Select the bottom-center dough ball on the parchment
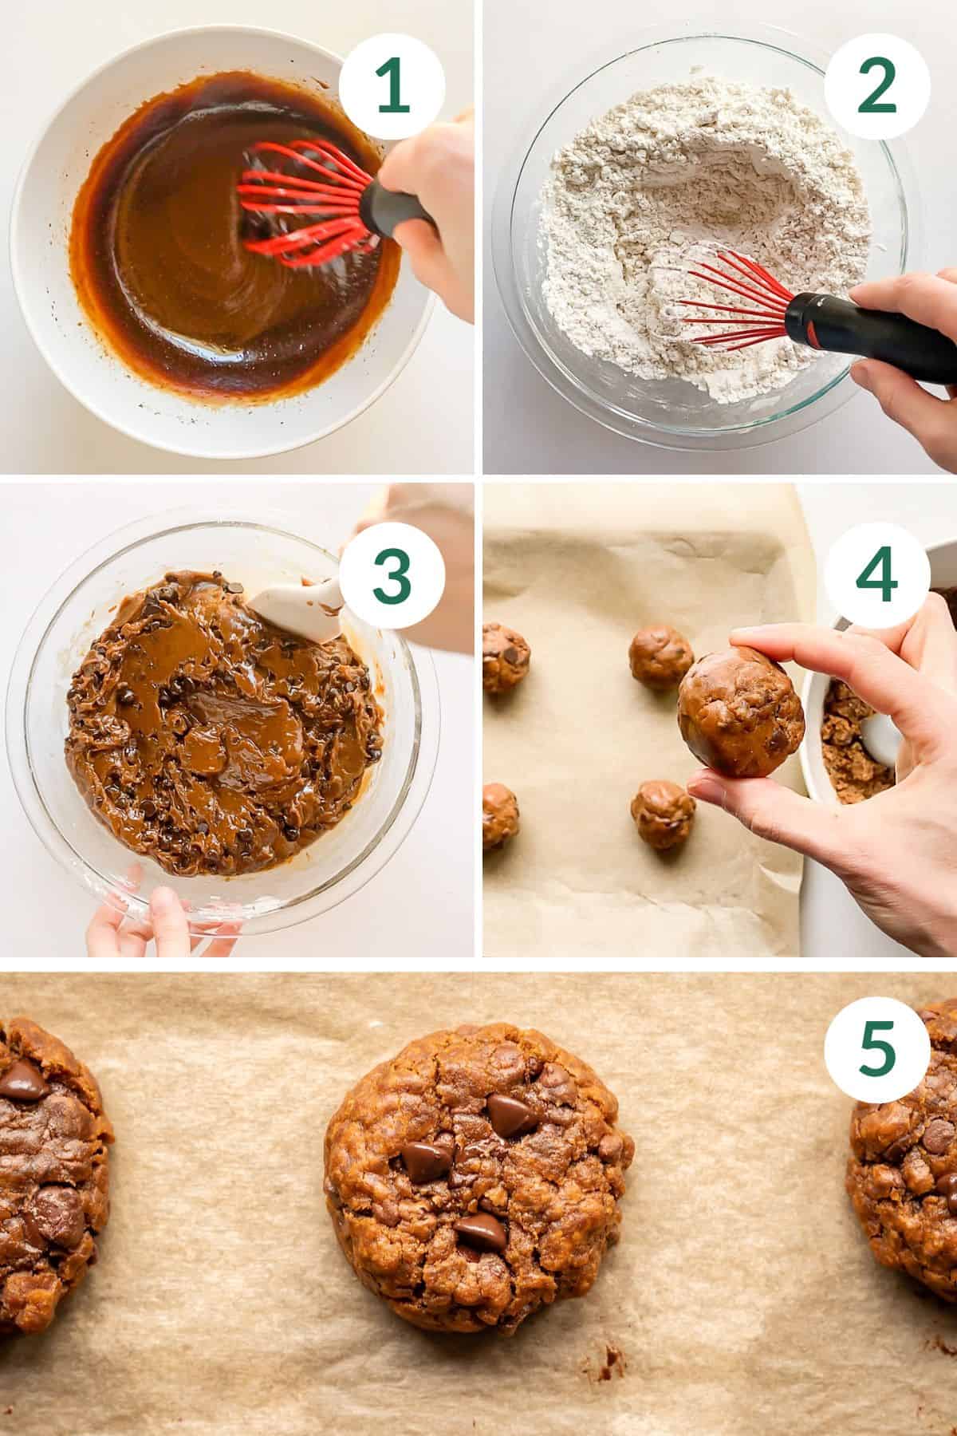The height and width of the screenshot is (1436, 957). (x=663, y=815)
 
